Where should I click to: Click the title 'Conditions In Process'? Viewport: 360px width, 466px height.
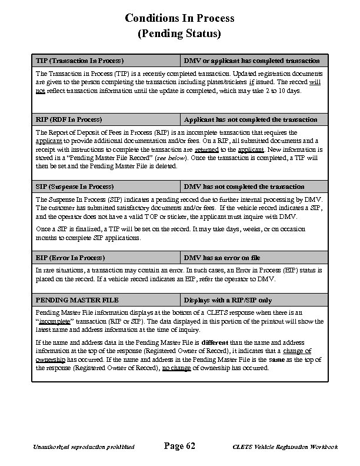coord(179,18)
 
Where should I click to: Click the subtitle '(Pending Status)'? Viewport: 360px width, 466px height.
coord(179,34)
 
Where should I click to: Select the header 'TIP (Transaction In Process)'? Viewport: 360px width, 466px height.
coord(79,61)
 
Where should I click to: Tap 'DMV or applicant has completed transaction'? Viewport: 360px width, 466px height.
coord(252,61)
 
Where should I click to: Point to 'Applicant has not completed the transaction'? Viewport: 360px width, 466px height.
coord(251,119)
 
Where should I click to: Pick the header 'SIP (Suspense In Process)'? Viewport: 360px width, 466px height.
coord(75,187)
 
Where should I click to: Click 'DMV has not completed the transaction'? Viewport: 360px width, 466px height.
coord(244,187)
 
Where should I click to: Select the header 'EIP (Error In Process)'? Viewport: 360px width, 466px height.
coord(70,258)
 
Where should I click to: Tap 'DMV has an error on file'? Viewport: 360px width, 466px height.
coord(222,258)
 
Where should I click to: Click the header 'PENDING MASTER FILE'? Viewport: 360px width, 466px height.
coord(77,300)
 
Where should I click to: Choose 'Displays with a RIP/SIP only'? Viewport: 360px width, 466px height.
coord(228,300)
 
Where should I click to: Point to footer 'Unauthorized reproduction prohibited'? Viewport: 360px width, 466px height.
coord(85,447)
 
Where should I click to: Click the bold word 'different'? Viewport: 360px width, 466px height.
coord(219,342)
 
